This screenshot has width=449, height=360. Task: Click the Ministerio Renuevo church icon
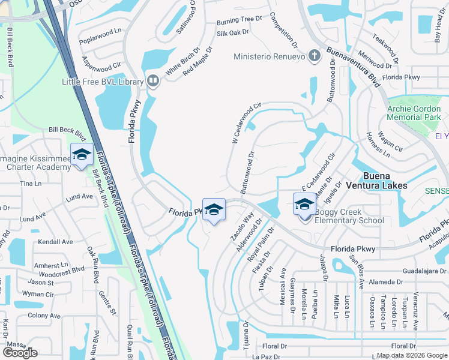(313, 58)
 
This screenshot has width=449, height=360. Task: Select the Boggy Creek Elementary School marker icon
(304, 206)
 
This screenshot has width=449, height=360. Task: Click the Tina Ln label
(28, 184)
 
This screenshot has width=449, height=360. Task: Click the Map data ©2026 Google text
(411, 355)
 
